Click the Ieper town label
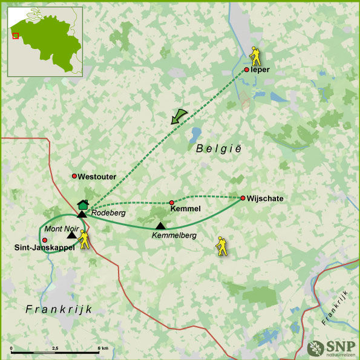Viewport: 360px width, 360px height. coord(261,70)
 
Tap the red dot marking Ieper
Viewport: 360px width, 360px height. coord(247,70)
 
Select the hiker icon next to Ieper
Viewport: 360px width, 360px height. coord(257,56)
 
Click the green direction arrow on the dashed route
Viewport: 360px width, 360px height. coord(178,116)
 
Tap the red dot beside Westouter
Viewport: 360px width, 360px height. coord(74,176)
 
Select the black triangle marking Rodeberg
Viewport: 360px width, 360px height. coord(82,214)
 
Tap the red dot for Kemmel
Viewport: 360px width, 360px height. coord(171,203)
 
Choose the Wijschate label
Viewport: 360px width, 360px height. coord(265,198)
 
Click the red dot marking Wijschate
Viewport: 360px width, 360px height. coord(243,198)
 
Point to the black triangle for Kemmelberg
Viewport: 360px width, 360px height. coord(160,226)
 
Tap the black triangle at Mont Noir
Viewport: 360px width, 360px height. coord(71,235)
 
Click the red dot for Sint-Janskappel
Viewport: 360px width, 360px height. coord(45,240)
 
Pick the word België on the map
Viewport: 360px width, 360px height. coord(218,148)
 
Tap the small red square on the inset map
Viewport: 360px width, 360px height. coord(16,35)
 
